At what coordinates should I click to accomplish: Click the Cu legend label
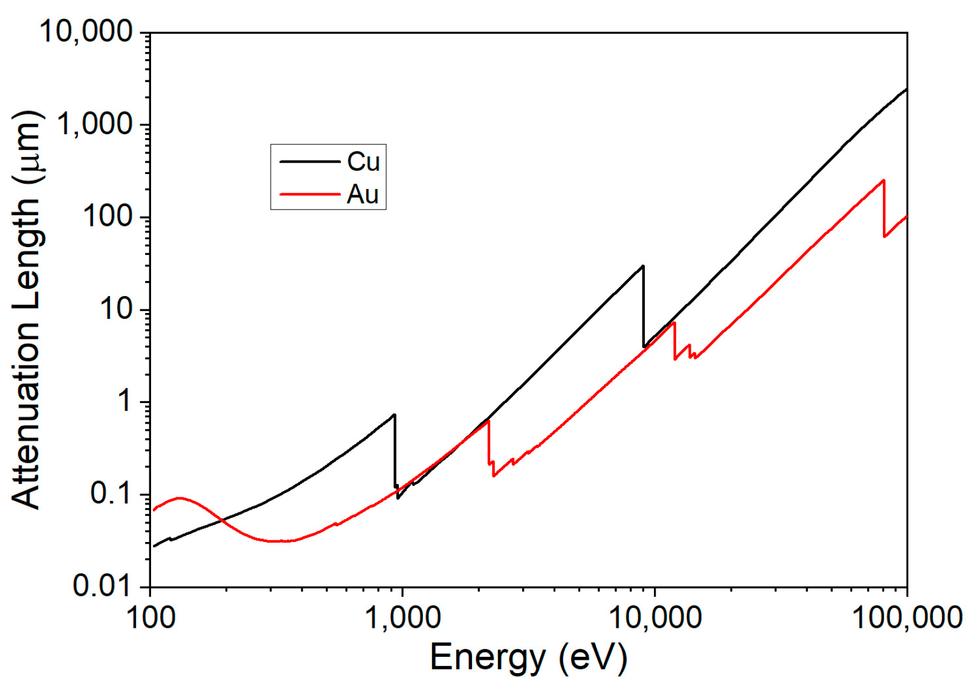[363, 161]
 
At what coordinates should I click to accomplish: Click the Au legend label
[363, 195]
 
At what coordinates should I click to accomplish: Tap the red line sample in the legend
[309, 195]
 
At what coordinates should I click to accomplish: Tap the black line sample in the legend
[309, 161]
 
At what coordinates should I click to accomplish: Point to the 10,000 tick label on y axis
[86, 31]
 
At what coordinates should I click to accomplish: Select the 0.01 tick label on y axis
[102, 586]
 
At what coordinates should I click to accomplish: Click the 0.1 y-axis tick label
[111, 494]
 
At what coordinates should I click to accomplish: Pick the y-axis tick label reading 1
[124, 401]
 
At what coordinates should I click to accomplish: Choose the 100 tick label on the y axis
[108, 216]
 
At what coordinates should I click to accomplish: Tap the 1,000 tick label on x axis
[402, 618]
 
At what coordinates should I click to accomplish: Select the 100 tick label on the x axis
[150, 618]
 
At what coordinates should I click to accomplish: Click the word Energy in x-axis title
[487, 657]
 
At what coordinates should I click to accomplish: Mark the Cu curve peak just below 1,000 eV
[394, 415]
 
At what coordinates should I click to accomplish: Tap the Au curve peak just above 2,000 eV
[488, 422]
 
